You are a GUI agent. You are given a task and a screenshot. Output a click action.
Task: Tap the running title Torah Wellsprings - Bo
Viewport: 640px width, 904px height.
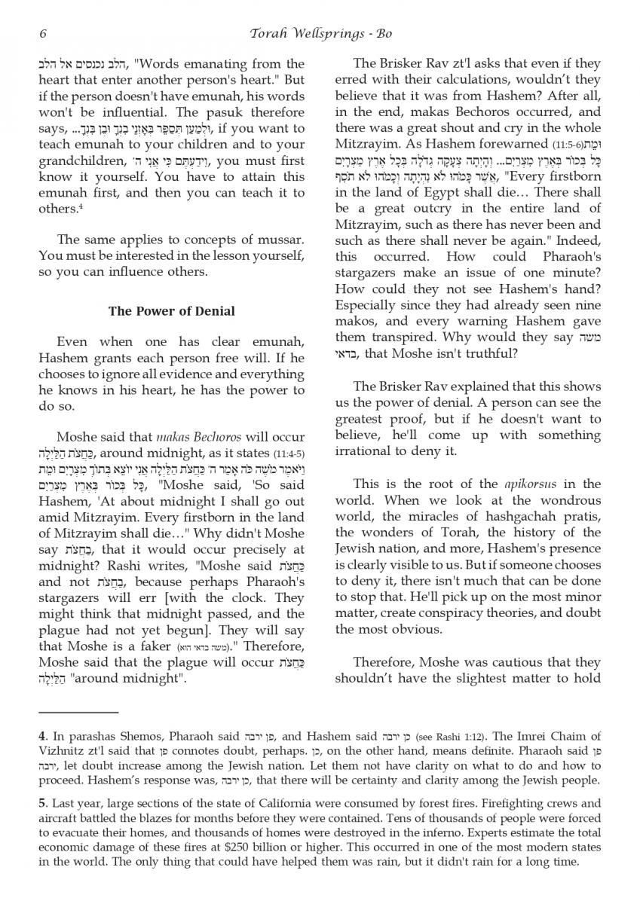point(320,34)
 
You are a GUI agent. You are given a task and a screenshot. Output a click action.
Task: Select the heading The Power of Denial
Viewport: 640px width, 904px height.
point(171,310)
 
